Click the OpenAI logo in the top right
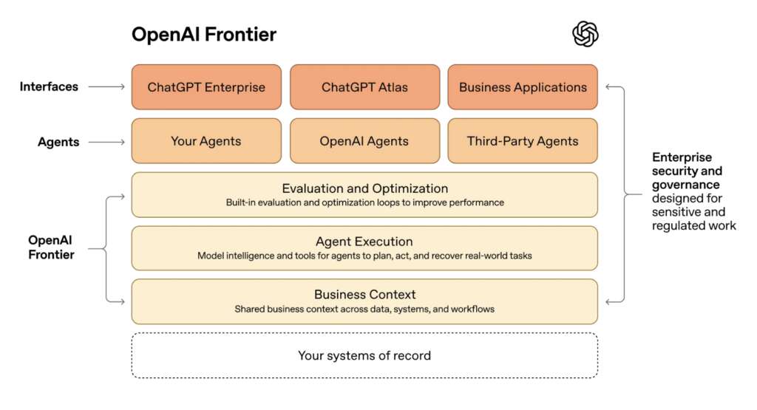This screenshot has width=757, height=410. coord(585,33)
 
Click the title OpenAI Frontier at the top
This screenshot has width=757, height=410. coord(204,35)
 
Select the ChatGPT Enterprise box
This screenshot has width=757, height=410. coord(206,86)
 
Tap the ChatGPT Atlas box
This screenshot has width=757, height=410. coord(364,86)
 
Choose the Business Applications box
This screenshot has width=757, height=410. coord(523,86)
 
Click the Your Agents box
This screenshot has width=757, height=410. coord(206,140)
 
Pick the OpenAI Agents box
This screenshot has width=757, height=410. coord(364,140)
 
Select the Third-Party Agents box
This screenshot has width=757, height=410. coord(523,140)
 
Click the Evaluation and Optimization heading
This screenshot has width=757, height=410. coord(364,188)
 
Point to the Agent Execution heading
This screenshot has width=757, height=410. coord(364,242)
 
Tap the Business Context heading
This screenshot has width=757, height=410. coord(364,295)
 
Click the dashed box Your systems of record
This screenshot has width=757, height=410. coord(364,355)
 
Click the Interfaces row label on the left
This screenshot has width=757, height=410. coord(49,86)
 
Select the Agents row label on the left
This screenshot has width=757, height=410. coord(58,142)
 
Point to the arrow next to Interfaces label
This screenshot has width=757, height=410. coord(106,86)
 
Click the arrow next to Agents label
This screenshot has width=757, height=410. coord(106,142)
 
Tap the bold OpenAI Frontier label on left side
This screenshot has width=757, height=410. coord(51,247)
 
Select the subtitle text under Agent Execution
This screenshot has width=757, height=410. coord(364,256)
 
